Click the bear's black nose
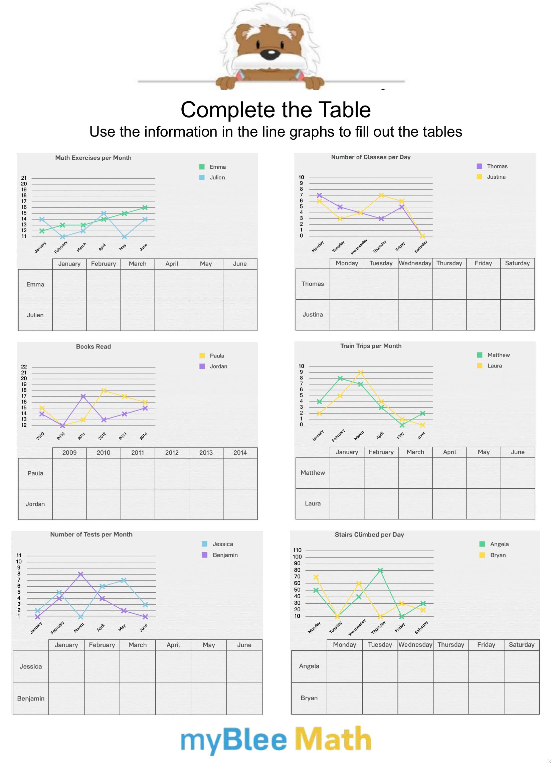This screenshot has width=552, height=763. (270, 53)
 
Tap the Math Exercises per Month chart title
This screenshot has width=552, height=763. (93, 158)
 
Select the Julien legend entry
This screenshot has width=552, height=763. (217, 178)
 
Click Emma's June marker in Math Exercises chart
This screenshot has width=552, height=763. (145, 207)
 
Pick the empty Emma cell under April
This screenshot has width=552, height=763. (172, 285)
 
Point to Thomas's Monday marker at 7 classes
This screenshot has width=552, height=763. (320, 195)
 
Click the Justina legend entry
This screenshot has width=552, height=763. (496, 177)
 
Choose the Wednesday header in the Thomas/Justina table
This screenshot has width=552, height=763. (415, 263)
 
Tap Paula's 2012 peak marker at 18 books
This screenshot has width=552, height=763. (104, 391)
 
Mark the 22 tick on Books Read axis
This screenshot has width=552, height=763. (24, 367)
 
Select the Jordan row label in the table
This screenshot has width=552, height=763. (35, 504)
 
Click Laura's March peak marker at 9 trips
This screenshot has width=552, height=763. (361, 372)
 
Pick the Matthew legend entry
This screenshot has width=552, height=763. (498, 355)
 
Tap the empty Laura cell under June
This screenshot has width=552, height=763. (518, 504)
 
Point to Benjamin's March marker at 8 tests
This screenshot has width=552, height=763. (81, 574)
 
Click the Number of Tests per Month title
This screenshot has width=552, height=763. (91, 535)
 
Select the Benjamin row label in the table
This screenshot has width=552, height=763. (31, 699)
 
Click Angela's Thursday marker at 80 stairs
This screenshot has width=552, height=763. (380, 570)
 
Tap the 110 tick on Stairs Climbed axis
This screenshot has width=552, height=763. (297, 551)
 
